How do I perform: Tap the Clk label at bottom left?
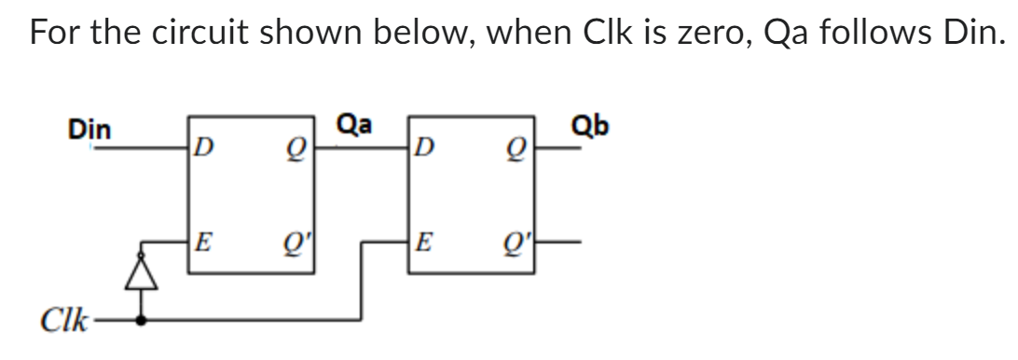click(x=61, y=323)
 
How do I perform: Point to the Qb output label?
click(x=591, y=125)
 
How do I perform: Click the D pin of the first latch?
click(x=202, y=147)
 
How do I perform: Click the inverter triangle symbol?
click(x=141, y=270)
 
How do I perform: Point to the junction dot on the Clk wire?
click(x=141, y=322)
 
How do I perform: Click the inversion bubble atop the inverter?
click(x=141, y=249)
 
